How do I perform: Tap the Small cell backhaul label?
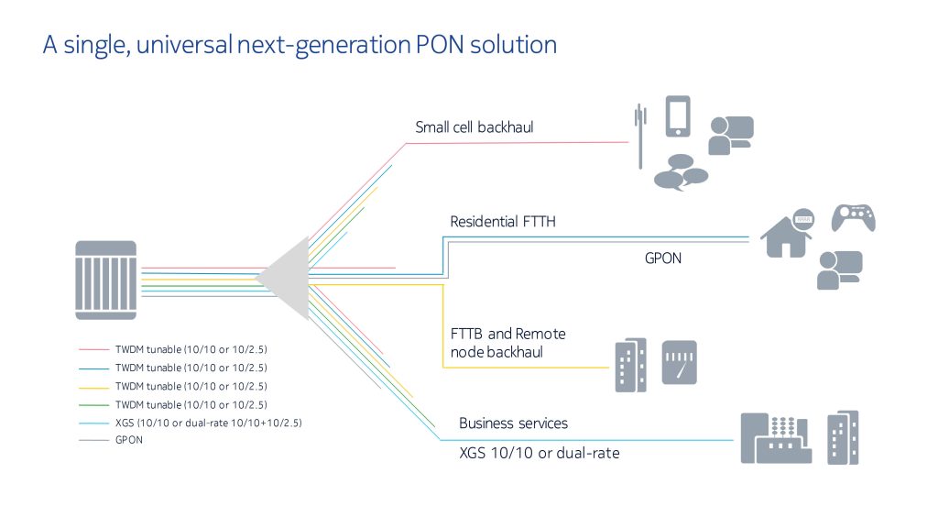pyautogui.click(x=474, y=126)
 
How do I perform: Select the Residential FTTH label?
pyautogui.click(x=503, y=222)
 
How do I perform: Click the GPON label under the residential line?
pyautogui.click(x=663, y=258)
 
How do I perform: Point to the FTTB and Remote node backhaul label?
pyautogui.click(x=507, y=343)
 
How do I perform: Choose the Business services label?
pyautogui.click(x=513, y=423)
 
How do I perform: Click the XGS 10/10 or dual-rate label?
pyautogui.click(x=539, y=453)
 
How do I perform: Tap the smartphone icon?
pyautogui.click(x=678, y=116)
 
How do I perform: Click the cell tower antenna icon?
pyautogui.click(x=640, y=137)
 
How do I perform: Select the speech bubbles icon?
pyautogui.click(x=682, y=172)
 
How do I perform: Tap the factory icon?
pyautogui.click(x=776, y=438)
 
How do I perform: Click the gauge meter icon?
pyautogui.click(x=680, y=363)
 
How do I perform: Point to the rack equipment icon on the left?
pyautogui.click(x=106, y=280)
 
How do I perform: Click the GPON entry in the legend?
pyautogui.click(x=129, y=440)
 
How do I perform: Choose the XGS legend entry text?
pyautogui.click(x=209, y=423)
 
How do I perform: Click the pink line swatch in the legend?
pyautogui.click(x=94, y=349)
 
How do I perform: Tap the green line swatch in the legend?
pyautogui.click(x=94, y=404)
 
